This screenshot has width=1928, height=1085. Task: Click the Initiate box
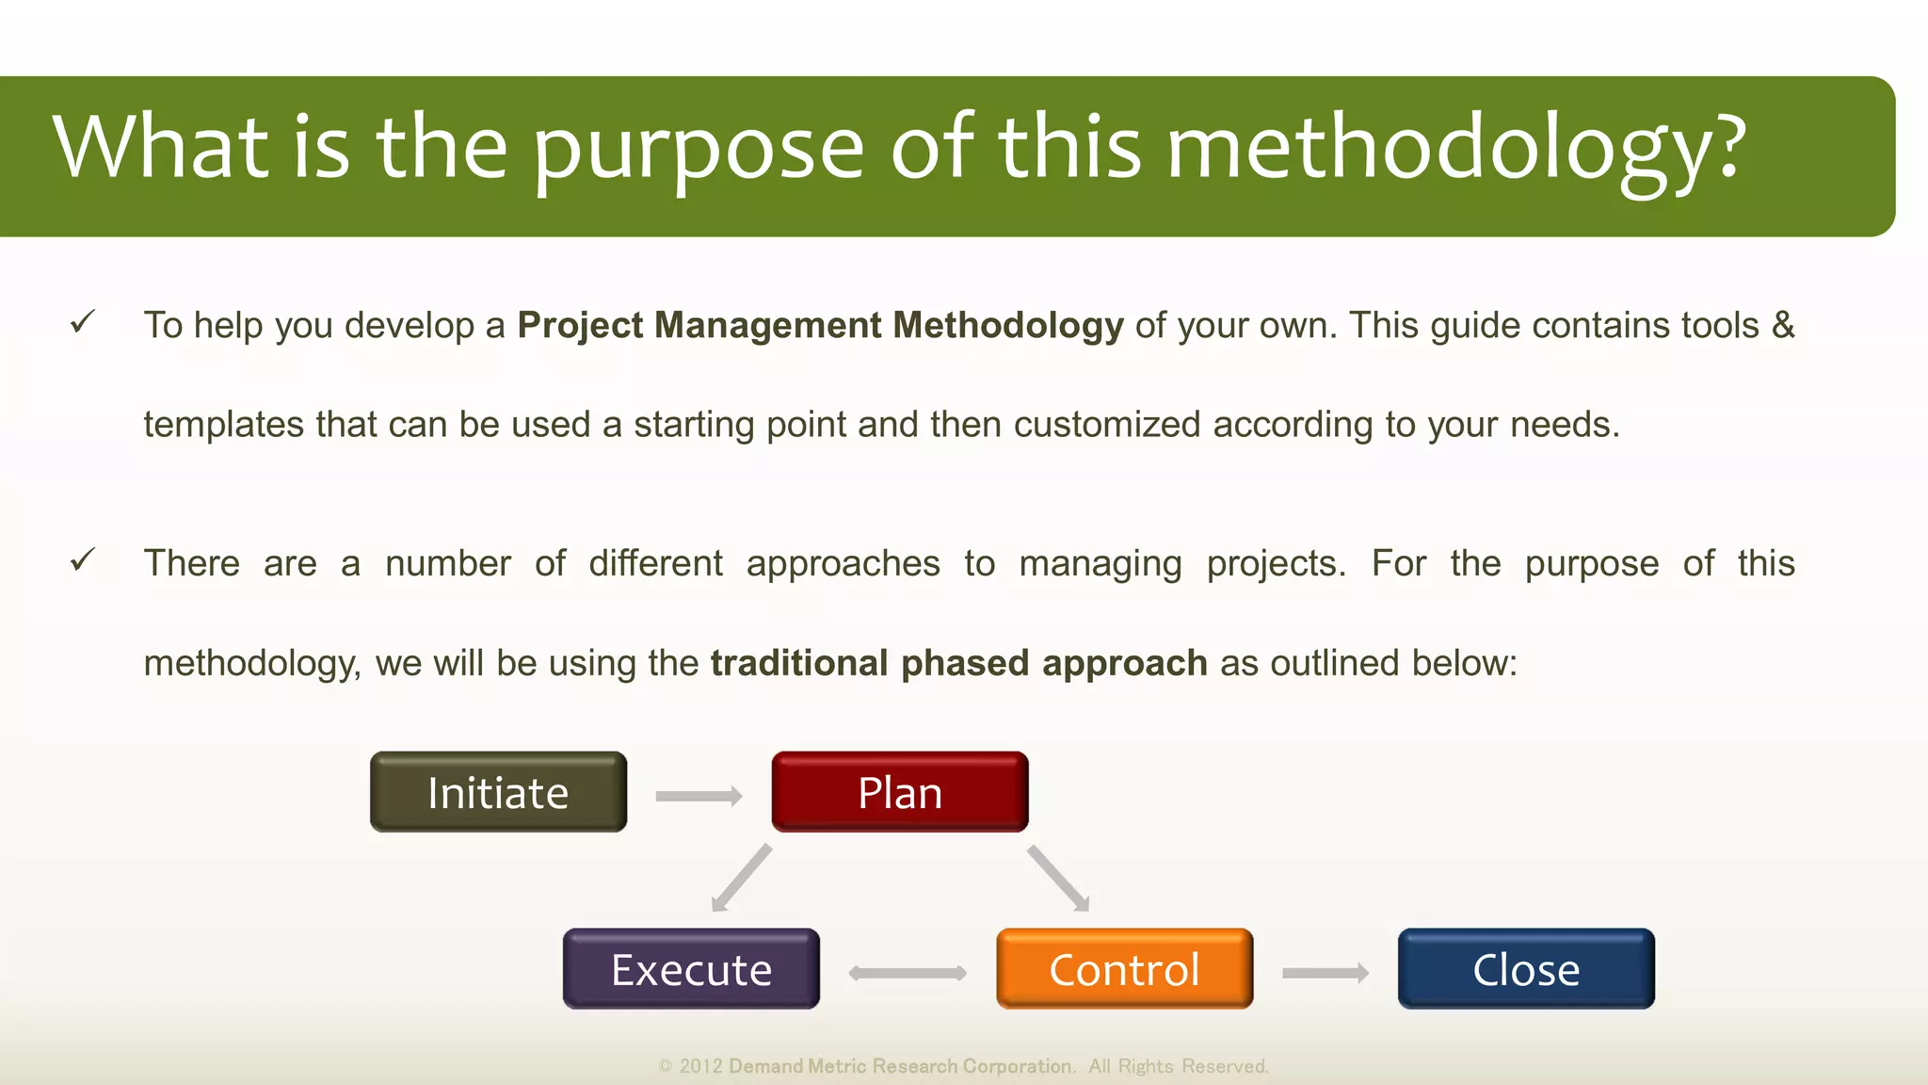tap(498, 792)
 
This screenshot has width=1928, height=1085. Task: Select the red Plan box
tap(899, 792)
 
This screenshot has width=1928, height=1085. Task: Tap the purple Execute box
tap(691, 969)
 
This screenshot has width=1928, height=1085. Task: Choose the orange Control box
tap(1124, 969)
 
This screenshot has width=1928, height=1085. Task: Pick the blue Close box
tap(1525, 969)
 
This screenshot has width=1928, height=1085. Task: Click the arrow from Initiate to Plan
tap(699, 797)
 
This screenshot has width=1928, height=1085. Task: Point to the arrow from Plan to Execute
tap(742, 878)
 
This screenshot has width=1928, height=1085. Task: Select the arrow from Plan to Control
tap(1058, 878)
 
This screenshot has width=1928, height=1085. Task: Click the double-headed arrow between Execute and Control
tap(908, 973)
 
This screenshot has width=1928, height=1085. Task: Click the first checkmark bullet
tap(83, 323)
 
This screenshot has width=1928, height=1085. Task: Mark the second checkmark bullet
tap(83, 561)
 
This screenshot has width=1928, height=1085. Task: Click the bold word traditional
tap(799, 663)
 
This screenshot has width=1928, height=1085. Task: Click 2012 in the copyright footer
tap(700, 1066)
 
